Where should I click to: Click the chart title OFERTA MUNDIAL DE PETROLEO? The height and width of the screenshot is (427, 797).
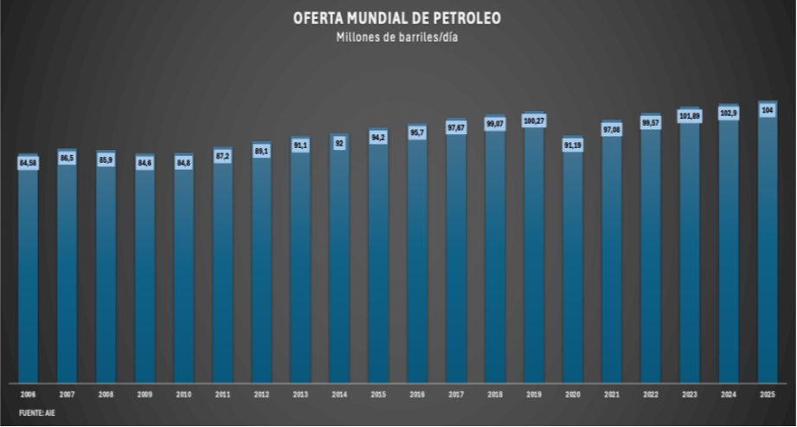coord(398,18)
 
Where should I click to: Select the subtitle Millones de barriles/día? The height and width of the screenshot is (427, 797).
coord(398,36)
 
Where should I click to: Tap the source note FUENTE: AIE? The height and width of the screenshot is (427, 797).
coord(31,414)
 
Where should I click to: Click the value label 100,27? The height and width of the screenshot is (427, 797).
coord(534,120)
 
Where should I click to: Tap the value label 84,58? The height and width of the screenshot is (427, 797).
coord(29,162)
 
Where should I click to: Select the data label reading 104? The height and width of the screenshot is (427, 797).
coord(767,110)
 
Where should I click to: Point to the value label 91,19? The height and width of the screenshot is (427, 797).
coord(573,146)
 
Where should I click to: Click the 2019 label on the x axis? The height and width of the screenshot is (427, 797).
coord(534,395)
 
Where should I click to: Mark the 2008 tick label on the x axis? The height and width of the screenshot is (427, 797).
coord(106,395)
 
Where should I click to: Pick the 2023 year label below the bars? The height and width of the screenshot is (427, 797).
coord(689,395)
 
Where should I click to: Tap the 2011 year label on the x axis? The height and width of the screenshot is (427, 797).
coord(222,395)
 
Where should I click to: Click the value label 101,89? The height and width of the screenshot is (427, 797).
coord(689,116)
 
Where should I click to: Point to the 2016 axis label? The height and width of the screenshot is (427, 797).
coord(417,395)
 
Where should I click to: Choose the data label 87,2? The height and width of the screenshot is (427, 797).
coord(222,156)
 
